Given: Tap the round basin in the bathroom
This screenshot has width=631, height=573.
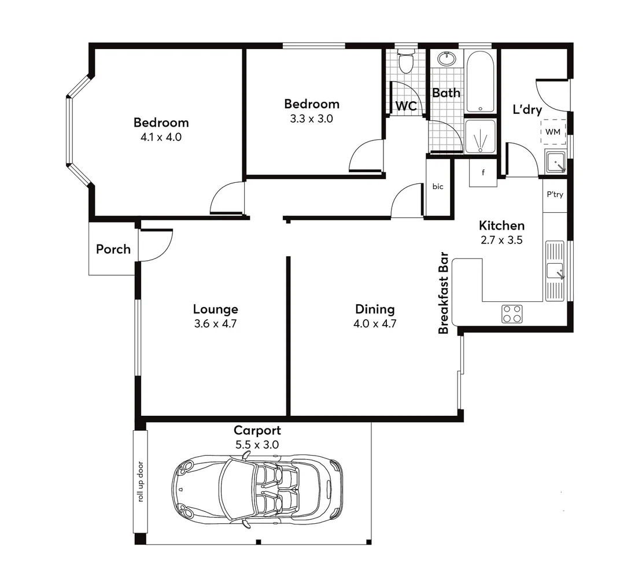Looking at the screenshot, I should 446,59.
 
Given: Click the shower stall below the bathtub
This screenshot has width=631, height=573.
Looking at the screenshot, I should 480,138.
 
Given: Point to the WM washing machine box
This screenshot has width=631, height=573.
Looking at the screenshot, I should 553,132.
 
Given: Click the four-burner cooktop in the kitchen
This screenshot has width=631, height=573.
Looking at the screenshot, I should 512,313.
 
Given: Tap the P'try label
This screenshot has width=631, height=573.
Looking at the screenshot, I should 555,195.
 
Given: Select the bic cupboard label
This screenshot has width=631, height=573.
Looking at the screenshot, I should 438,187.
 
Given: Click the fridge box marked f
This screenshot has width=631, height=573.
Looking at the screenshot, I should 482,173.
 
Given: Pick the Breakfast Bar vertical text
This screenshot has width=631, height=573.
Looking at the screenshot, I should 444,293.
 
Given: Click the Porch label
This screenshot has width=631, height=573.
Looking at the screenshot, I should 113,250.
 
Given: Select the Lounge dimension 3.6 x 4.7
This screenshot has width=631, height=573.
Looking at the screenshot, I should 216,324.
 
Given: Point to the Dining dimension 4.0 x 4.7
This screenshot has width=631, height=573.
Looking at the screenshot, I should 375,324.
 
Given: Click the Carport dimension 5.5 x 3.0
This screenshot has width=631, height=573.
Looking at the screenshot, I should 257,445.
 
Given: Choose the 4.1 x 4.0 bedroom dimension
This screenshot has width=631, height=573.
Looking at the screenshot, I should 161,137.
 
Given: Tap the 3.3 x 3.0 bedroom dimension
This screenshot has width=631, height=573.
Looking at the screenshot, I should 311,119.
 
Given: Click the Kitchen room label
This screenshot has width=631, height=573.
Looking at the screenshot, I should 501,225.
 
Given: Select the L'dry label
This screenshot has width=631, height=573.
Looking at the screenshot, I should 527,110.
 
